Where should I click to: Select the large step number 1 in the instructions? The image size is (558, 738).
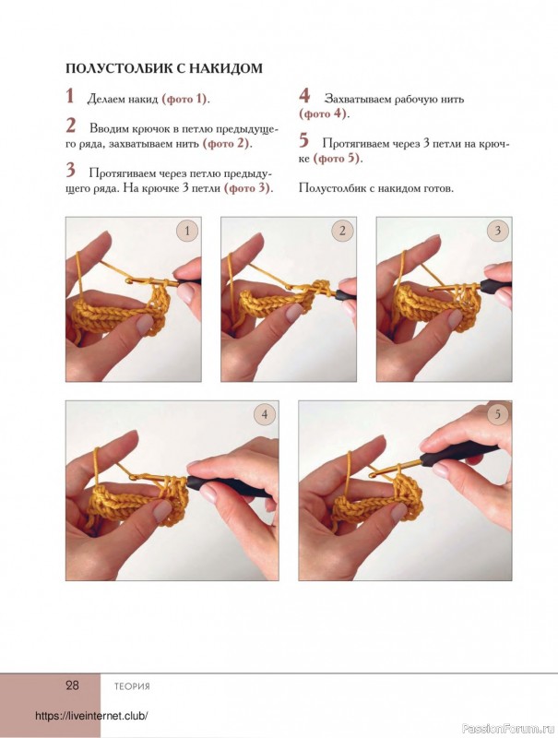[x=69, y=96]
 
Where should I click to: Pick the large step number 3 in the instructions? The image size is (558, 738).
[x=71, y=171]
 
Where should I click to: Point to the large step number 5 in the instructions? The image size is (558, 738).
[x=304, y=140]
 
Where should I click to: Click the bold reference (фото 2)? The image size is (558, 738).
[x=226, y=144]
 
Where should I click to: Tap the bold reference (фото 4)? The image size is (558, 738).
[x=323, y=113]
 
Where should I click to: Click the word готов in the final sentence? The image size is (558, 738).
[x=439, y=189]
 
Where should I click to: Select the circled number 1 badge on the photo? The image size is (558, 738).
[x=187, y=232]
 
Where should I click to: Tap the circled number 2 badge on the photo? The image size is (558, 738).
[x=342, y=231]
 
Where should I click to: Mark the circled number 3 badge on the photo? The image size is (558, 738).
[x=497, y=231]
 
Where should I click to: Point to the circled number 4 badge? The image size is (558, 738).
[x=265, y=414]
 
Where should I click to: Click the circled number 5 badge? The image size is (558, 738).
[x=497, y=414]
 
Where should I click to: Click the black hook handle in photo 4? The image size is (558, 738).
[x=230, y=486]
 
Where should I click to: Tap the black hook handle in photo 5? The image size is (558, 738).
[x=458, y=454]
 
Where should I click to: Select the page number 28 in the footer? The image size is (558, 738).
[x=72, y=684]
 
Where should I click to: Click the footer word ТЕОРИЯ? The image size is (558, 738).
[x=132, y=686]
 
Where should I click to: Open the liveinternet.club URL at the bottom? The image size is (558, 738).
[x=91, y=716]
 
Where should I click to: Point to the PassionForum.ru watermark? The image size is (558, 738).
[x=509, y=729]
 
